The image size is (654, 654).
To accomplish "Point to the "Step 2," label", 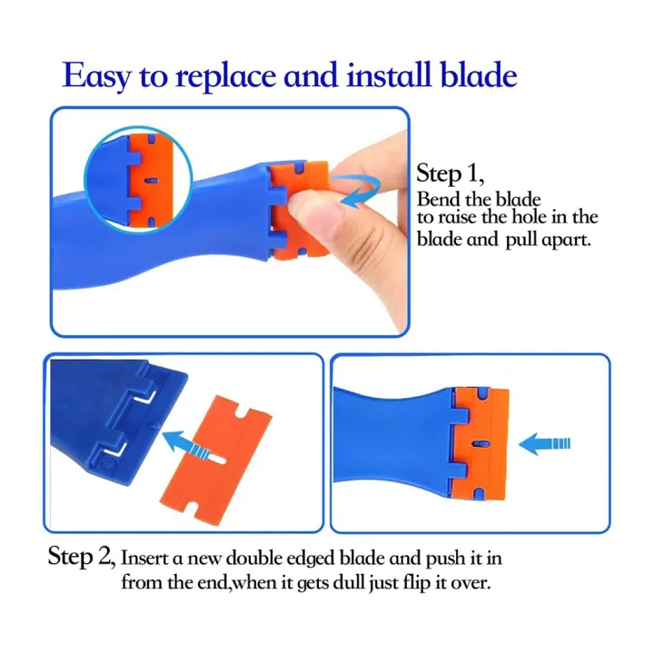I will click(81, 556).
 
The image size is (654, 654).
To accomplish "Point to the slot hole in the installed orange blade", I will click(476, 444).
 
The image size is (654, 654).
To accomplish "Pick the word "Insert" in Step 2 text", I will click(149, 557).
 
